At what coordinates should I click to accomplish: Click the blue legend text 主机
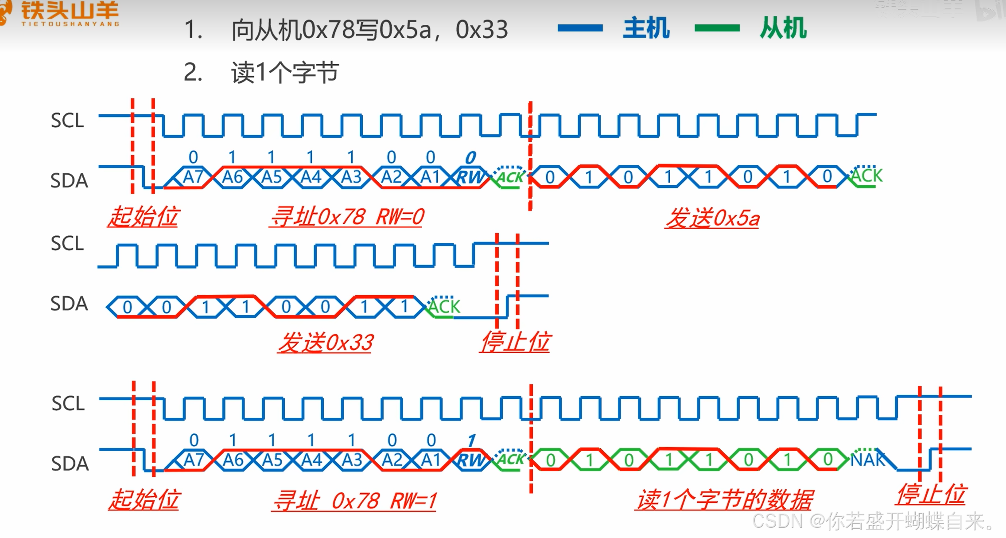646,28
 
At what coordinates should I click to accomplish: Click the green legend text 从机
783,28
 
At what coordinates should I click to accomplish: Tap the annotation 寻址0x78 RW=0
347,217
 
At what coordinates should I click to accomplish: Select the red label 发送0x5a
712,218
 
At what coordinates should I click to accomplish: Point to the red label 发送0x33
326,343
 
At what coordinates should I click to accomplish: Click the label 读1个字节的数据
724,500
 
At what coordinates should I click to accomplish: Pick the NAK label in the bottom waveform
867,460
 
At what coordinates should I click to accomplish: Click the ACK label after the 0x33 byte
444,307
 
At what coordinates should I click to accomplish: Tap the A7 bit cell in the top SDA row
193,177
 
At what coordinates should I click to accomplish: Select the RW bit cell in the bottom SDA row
470,460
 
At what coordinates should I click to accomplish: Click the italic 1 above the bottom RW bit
471,441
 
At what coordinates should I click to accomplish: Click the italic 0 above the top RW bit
470,157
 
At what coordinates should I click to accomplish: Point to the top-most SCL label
67,121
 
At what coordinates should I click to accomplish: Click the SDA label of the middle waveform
69,304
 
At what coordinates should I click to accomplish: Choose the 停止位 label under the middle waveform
515,342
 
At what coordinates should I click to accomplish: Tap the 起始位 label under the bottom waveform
144,499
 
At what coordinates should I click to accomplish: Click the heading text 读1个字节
285,72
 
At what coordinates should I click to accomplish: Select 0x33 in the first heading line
482,30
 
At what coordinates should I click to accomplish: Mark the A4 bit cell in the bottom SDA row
311,460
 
